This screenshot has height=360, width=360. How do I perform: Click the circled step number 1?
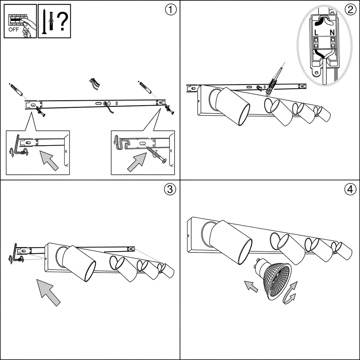171,10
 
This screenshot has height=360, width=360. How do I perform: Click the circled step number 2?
350,10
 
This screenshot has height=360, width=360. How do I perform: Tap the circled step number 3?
170,190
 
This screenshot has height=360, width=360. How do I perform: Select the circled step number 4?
350,190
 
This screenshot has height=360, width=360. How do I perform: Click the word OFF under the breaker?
14,30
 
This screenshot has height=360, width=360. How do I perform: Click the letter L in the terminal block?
316,33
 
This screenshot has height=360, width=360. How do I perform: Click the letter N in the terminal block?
332,33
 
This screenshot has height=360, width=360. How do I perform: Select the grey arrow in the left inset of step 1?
49,160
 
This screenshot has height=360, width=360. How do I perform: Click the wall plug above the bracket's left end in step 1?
16,90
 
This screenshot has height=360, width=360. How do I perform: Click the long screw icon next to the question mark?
44,22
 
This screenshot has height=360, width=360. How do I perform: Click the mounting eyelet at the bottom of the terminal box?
317,73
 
